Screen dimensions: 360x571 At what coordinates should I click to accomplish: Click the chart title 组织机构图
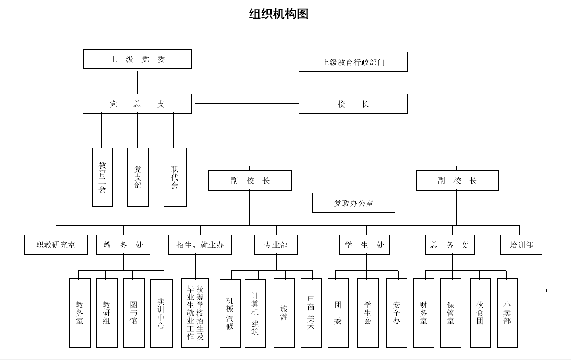coord(278,14)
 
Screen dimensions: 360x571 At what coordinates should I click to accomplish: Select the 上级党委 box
coord(137,59)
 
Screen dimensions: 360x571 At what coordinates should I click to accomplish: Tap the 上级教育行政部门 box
coord(353,62)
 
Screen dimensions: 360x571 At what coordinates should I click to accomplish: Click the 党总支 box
coord(137,104)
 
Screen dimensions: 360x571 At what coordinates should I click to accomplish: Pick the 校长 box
coord(353,104)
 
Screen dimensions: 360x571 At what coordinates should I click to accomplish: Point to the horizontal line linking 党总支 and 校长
coord(246,103)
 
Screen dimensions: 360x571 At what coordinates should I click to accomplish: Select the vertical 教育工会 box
coord(102,177)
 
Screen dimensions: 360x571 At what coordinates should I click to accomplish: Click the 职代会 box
coord(175,177)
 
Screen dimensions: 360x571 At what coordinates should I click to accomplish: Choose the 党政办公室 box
coord(353,203)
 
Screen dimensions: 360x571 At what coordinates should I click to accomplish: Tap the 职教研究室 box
coord(56,245)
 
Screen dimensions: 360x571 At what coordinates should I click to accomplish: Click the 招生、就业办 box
coord(200,245)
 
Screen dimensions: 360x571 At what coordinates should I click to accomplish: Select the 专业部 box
coord(276,245)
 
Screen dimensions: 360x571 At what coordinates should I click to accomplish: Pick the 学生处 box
coord(364,245)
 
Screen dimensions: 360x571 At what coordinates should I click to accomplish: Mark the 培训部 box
coord(521,245)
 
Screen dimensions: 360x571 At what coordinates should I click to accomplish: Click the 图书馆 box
coord(133,313)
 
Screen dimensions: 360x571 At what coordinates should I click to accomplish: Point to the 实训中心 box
coord(161,314)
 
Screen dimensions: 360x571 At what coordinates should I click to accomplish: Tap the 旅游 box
coord(284,313)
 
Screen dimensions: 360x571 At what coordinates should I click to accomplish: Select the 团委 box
coord(338,313)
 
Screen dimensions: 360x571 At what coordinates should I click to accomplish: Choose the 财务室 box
coord(423,313)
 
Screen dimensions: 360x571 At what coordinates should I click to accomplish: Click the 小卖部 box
coord(507,313)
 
